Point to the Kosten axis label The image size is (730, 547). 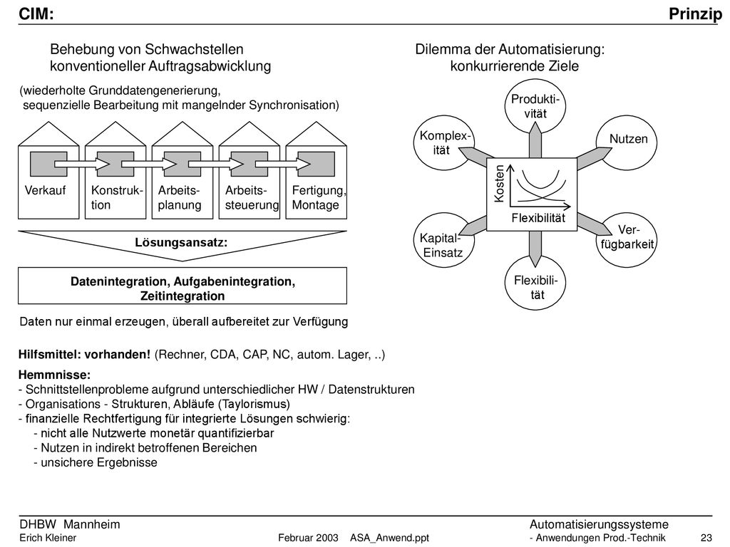tap(498, 184)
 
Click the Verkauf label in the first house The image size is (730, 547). tap(45, 190)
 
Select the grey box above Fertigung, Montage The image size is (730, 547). tap(316, 164)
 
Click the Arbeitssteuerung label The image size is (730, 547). tap(252, 198)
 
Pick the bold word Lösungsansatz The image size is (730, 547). tap(181, 242)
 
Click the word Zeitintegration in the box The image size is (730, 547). tap(182, 296)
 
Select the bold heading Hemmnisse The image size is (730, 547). tap(54, 375)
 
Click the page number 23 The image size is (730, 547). tap(706, 538)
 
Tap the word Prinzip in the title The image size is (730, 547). tap(696, 14)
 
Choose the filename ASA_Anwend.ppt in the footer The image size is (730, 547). tap(390, 538)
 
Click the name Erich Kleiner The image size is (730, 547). tap(48, 538)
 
